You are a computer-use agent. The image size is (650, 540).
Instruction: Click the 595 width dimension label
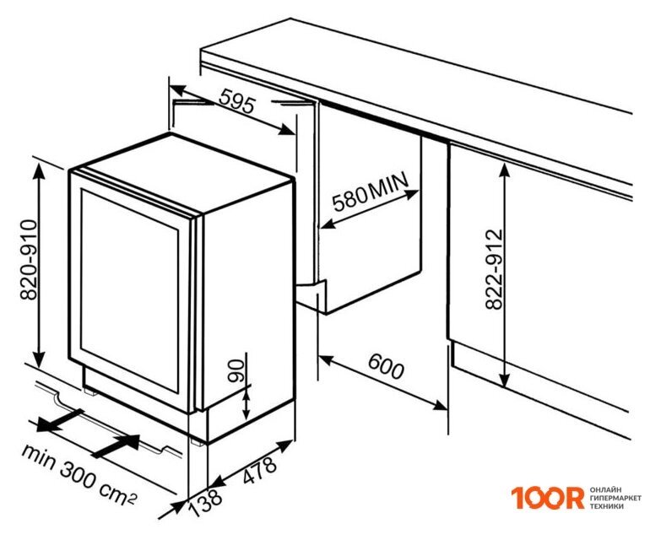(236, 101)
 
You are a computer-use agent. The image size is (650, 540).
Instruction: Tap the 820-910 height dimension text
(29, 259)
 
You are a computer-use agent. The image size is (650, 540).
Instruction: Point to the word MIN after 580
(388, 186)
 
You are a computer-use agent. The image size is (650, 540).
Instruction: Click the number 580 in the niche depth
(349, 199)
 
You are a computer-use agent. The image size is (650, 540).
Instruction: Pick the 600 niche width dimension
(386, 366)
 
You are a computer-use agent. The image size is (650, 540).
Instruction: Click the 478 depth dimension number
(259, 470)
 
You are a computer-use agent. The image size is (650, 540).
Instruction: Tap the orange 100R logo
(547, 498)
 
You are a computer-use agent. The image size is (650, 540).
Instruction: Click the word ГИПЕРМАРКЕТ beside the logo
(615, 498)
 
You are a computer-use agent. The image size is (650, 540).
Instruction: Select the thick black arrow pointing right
(116, 446)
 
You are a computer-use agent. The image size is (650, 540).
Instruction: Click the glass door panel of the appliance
(130, 289)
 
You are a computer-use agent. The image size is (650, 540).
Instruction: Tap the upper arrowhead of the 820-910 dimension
(39, 170)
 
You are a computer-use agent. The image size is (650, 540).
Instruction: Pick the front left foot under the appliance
(90, 391)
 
